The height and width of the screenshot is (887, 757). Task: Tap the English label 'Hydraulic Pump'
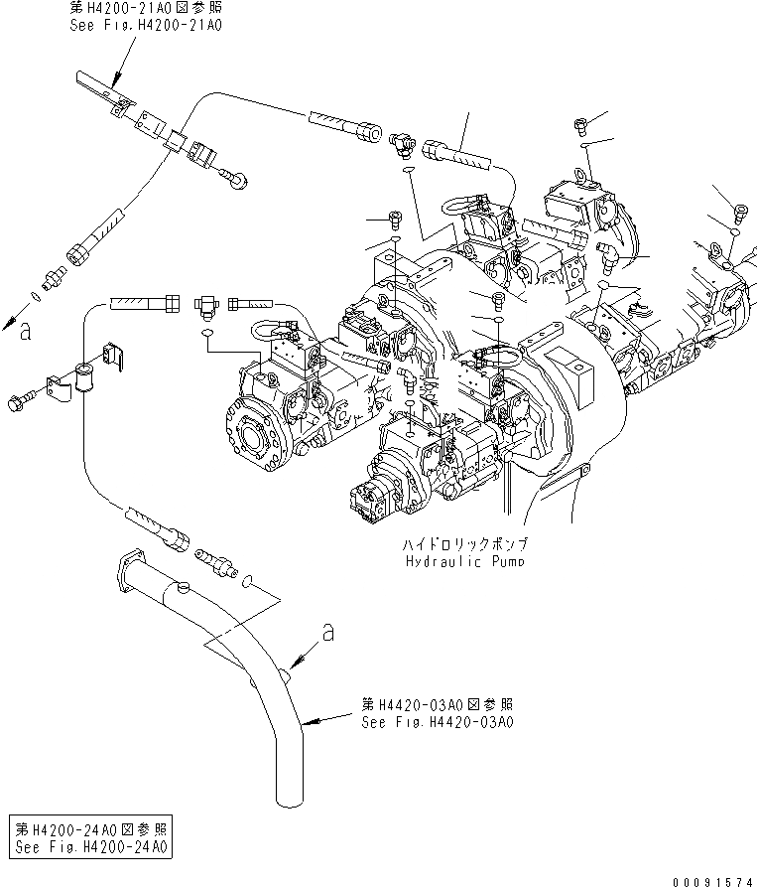coord(466,561)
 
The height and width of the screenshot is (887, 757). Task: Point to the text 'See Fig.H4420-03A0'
coord(437,722)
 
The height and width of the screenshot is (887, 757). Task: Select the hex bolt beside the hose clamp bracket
coord(20,402)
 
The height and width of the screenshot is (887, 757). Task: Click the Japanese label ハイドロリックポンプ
coord(466,545)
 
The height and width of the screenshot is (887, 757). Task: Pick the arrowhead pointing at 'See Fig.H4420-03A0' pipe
coord(304,722)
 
